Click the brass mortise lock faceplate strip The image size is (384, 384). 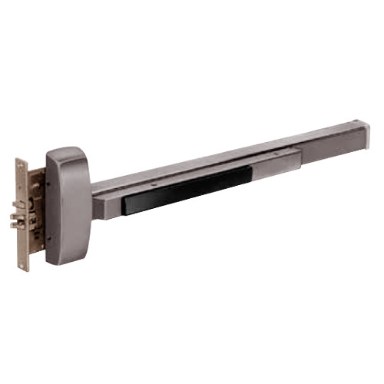coord(23,215)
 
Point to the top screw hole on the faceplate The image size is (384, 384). coord(22,166)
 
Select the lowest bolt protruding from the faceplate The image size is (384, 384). coord(16,225)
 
